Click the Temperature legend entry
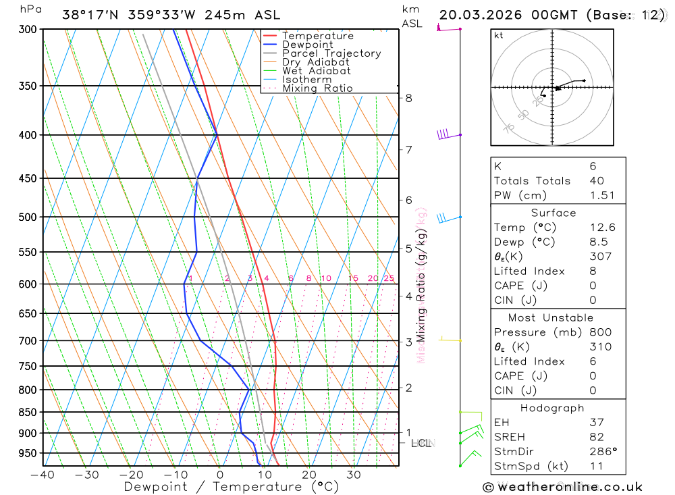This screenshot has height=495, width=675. tap(317, 36)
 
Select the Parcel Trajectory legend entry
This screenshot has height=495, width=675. tap(331, 53)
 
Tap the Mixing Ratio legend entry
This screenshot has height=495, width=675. tap(317, 88)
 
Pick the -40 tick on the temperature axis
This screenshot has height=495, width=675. tap(43, 475)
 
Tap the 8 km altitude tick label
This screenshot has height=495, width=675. tap(408, 98)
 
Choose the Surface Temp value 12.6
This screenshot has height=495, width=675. tap(602, 228)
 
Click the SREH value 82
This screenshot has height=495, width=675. tap(596, 437)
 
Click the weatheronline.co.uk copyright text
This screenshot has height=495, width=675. tap(562, 487)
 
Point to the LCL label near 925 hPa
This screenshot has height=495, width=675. tap(421, 444)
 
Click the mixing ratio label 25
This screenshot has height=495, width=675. tap(389, 278)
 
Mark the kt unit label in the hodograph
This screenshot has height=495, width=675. tap(499, 35)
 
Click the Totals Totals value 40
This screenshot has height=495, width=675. tap(597, 181)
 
